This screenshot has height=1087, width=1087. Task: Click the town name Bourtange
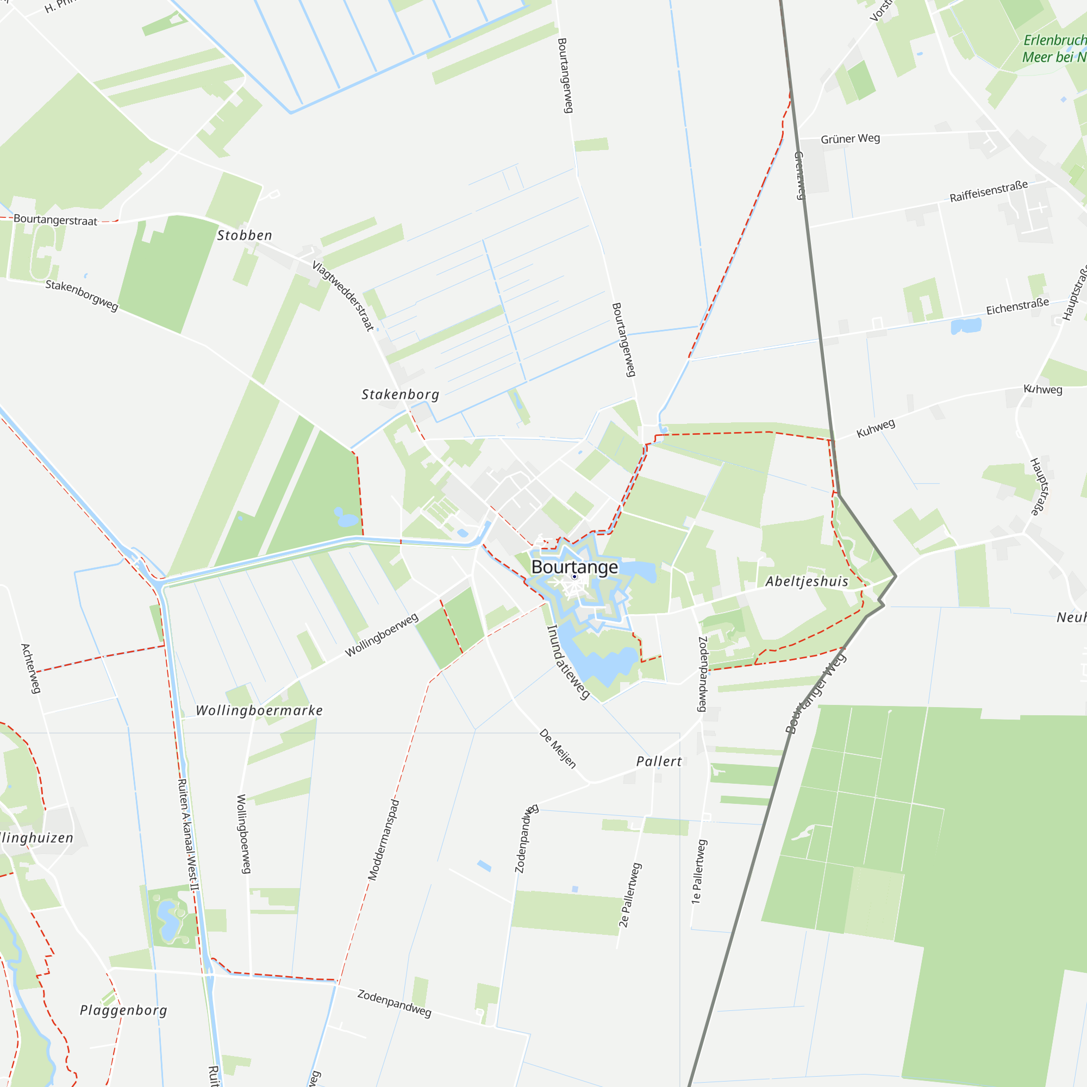tap(574, 566)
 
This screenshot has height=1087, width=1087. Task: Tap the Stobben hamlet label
tap(245, 235)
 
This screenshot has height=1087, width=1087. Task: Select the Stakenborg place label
tap(400, 395)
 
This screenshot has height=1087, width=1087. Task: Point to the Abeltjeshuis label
tap(807, 581)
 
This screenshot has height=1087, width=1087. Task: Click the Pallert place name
tap(659, 761)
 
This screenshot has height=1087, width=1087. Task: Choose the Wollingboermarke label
tap(259, 710)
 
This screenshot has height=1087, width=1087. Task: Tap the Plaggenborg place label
tap(124, 1010)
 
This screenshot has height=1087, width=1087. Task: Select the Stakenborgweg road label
tap(82, 295)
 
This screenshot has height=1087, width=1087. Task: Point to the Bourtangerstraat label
tap(55, 220)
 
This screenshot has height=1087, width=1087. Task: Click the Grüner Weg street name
tap(850, 139)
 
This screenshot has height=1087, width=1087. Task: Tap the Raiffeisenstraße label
tap(989, 191)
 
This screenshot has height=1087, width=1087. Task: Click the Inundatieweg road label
tap(568, 661)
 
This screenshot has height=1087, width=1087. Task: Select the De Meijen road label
tap(558, 749)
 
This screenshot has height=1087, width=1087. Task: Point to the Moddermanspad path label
tap(384, 840)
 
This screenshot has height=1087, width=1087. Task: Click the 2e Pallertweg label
tap(629, 895)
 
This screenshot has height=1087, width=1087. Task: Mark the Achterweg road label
tap(31, 669)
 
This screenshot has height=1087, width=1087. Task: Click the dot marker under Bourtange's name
tap(574, 577)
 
